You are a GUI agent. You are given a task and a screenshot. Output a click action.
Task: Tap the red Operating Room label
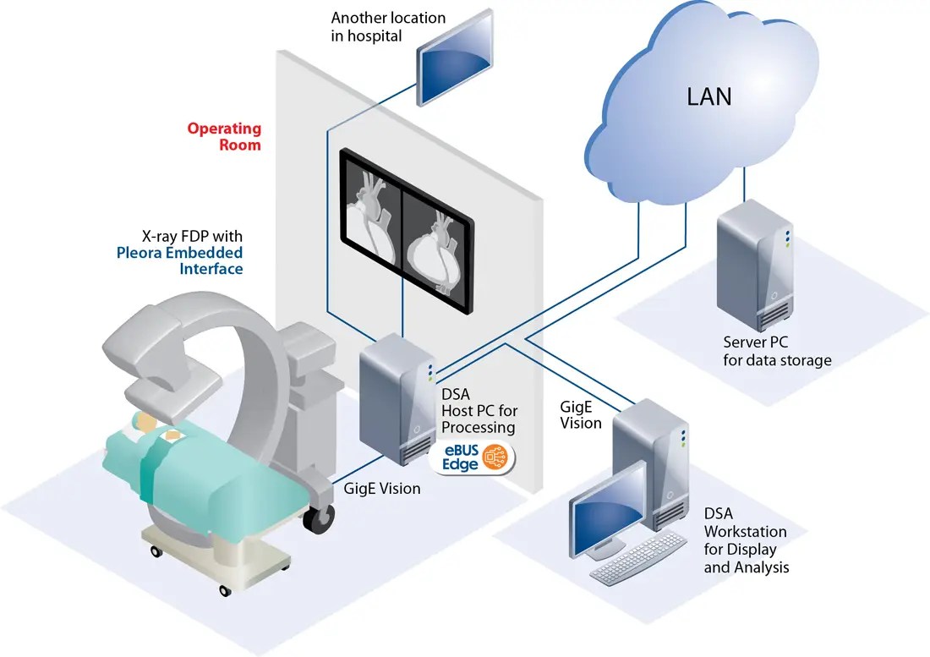(x=225, y=136)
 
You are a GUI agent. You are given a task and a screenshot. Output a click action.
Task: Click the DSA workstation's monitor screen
(x=604, y=521)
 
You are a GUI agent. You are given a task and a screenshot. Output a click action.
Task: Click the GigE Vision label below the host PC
(x=382, y=489)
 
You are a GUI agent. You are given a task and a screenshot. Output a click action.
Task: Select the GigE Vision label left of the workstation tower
(x=581, y=414)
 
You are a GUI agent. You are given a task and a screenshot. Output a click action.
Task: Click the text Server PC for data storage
(x=777, y=351)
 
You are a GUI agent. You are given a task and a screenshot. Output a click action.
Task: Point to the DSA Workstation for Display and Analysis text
(x=746, y=540)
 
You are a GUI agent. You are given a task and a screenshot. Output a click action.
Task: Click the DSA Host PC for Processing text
(x=478, y=410)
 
